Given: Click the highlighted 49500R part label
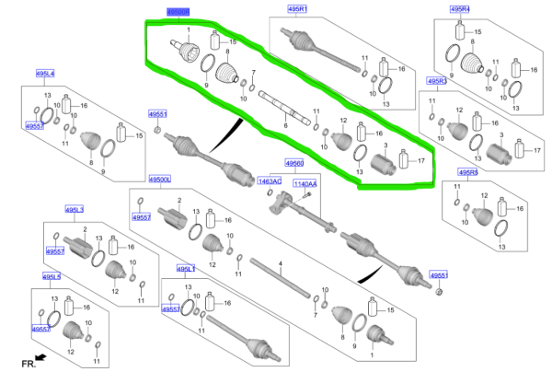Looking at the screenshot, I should click(x=178, y=11).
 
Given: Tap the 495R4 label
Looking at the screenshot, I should click(x=459, y=9).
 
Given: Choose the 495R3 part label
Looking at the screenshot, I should click(x=436, y=81).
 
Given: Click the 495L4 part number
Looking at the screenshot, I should click(x=45, y=73).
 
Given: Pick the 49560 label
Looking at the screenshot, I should click(x=294, y=163).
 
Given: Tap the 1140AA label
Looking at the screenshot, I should click(x=305, y=184).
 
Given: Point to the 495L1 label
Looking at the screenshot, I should click(x=187, y=268).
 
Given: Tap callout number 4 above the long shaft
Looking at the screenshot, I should click(x=281, y=263).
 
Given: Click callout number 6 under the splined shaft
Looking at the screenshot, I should click(x=286, y=125).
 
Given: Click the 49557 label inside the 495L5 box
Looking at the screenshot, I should click(x=40, y=329).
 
